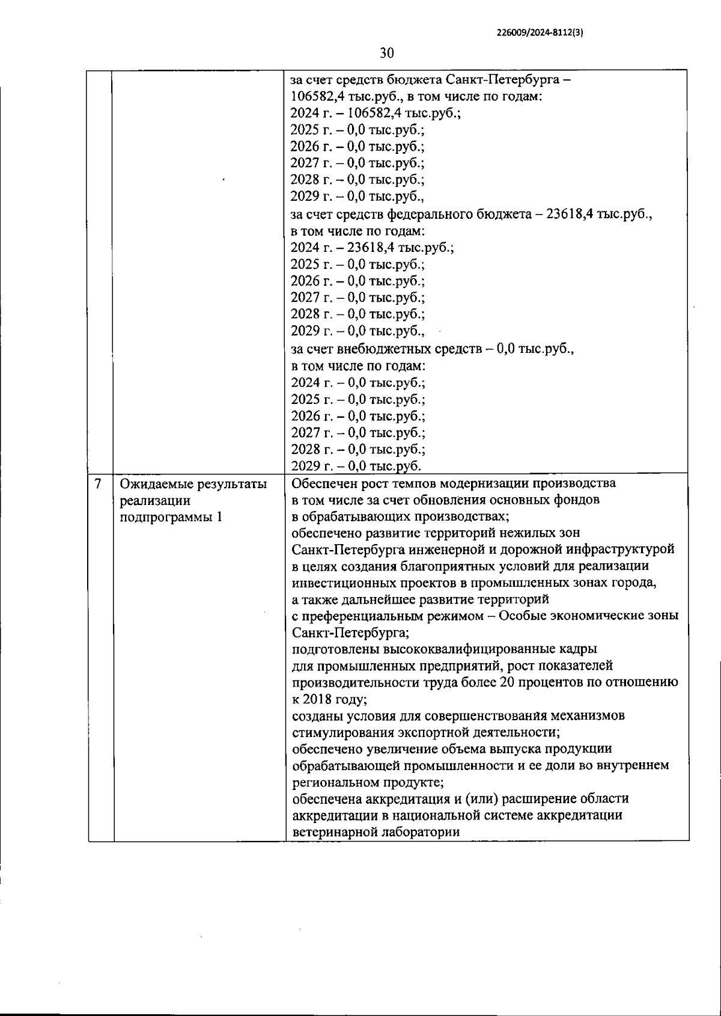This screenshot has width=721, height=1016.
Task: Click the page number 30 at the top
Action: pyautogui.click(x=387, y=53)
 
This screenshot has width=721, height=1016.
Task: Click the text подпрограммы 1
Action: pyautogui.click(x=171, y=517)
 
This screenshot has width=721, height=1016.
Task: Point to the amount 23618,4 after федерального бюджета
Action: pyautogui.click(x=569, y=214)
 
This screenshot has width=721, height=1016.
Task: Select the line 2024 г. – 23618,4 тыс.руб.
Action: pyautogui.click(x=372, y=247)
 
